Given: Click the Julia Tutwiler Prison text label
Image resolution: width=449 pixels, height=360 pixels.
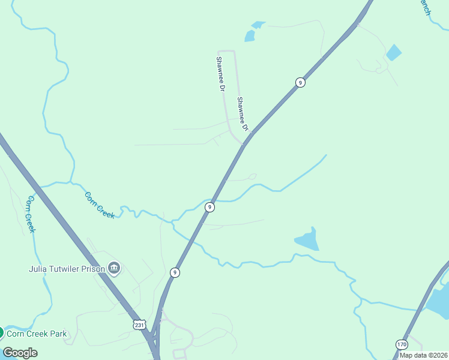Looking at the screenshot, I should pos(66,269).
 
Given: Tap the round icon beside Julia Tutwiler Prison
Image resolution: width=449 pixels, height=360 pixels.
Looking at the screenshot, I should pos(114,268).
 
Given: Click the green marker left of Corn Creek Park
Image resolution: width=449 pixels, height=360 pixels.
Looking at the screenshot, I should pos(1,332).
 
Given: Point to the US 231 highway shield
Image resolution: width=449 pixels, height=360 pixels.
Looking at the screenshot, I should pos(139,325).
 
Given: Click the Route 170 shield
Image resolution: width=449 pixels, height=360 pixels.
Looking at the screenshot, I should pos(402,344).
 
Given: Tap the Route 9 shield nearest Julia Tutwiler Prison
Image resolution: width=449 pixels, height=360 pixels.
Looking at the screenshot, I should pos(175,272).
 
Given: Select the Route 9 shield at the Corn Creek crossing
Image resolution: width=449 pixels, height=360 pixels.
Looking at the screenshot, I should pos(209,207).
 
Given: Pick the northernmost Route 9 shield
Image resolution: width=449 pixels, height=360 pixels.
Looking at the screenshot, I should pos(300,82).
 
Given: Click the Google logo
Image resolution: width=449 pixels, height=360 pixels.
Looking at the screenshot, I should pos(20,352).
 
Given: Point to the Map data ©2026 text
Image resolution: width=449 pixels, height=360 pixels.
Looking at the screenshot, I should pos(423,355).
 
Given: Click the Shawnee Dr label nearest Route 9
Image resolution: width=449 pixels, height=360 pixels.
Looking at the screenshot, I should pos(242,114).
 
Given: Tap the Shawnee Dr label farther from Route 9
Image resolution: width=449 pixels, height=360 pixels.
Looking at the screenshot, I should pos(220,74).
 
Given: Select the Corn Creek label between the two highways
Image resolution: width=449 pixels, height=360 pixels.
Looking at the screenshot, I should pos(100,205).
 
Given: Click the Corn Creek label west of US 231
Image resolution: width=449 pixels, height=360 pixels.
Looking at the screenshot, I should pos(30,214).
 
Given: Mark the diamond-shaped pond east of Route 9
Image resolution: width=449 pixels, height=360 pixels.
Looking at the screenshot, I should pos(394,52).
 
